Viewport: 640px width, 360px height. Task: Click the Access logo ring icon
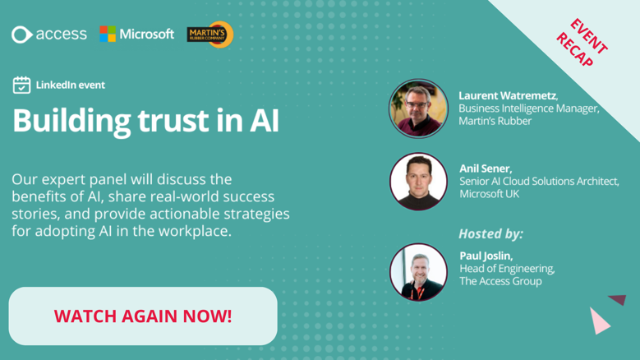21,35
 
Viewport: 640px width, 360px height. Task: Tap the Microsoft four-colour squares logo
108,34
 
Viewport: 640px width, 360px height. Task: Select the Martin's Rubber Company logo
210,35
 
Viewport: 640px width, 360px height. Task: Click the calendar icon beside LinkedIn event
21,85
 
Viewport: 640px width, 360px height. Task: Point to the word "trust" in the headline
173,120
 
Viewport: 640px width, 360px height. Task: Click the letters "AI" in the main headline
264,121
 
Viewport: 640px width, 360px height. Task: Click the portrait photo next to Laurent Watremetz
418,108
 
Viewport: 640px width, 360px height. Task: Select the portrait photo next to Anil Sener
418,182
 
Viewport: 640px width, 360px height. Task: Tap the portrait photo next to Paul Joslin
418,272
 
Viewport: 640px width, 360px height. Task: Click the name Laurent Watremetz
508,95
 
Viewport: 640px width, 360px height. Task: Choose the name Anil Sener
485,168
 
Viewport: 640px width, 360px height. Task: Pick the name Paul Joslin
486,256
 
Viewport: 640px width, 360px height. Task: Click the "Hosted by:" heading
490,233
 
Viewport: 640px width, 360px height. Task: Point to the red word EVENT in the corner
588,36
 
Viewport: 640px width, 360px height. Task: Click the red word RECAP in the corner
575,50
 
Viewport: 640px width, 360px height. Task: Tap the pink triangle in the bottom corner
599,321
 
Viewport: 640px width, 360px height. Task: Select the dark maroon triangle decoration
618,300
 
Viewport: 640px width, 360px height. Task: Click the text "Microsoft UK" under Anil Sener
490,194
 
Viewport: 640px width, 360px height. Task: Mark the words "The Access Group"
501,281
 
